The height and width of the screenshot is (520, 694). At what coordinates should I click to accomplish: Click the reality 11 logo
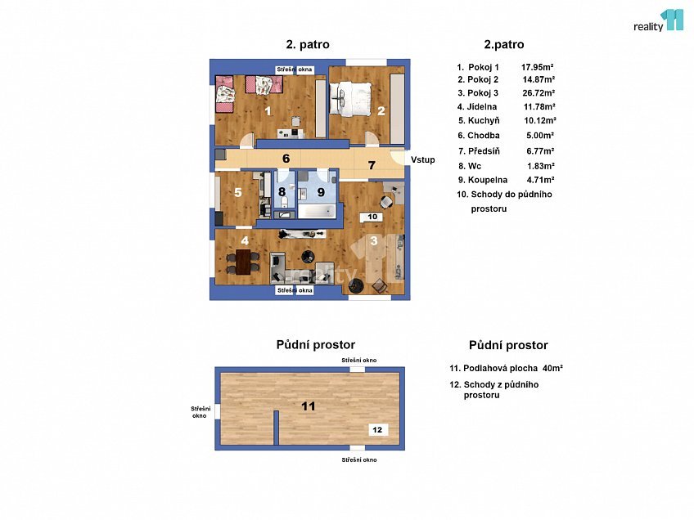click(658, 20)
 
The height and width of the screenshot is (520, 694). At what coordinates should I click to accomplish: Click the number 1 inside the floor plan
click(268, 111)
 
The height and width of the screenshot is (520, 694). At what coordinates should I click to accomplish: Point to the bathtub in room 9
click(317, 212)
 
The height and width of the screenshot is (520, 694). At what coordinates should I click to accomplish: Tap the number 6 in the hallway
click(286, 159)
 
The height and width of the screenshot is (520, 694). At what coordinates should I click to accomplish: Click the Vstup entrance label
click(423, 159)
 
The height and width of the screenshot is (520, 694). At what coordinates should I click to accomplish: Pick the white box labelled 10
click(372, 217)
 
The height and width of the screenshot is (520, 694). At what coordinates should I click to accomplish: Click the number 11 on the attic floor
click(308, 406)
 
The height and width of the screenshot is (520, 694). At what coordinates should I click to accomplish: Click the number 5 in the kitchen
click(238, 193)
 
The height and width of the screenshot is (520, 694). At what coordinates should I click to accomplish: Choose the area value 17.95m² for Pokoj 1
click(539, 66)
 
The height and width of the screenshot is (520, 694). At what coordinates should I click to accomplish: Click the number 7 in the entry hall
click(371, 166)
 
